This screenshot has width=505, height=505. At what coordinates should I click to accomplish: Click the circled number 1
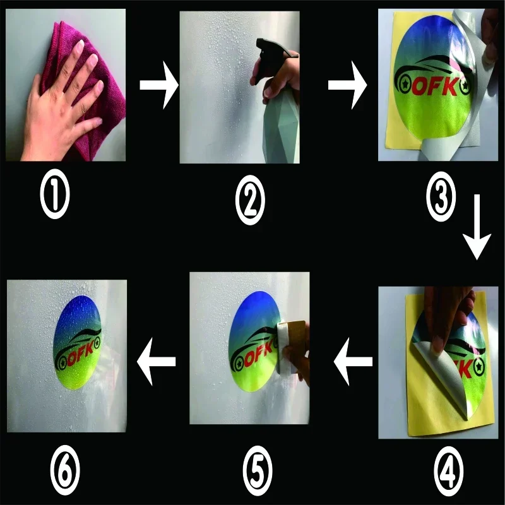[x=55, y=194]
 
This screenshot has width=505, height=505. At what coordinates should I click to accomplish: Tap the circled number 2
[x=250, y=199]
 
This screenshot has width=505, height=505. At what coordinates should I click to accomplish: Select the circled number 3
[x=441, y=196]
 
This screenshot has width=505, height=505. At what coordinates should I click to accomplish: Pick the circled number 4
[x=449, y=471]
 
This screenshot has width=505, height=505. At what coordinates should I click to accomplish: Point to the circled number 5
[x=258, y=471]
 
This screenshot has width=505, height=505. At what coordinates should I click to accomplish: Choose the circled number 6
[x=65, y=470]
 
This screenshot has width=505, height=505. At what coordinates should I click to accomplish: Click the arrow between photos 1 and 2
[x=159, y=85]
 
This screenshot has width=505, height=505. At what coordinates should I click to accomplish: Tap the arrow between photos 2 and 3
[x=348, y=85]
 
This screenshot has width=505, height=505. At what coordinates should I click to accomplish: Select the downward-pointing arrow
[x=477, y=227]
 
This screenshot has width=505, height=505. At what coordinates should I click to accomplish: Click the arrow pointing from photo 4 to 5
[x=353, y=361]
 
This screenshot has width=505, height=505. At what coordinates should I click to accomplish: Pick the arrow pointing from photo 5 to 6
[x=156, y=361]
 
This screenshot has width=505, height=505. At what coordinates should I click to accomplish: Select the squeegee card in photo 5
[x=291, y=347]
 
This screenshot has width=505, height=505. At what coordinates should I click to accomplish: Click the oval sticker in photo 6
[x=78, y=342]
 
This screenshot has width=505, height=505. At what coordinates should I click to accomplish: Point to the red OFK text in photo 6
[x=81, y=353]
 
